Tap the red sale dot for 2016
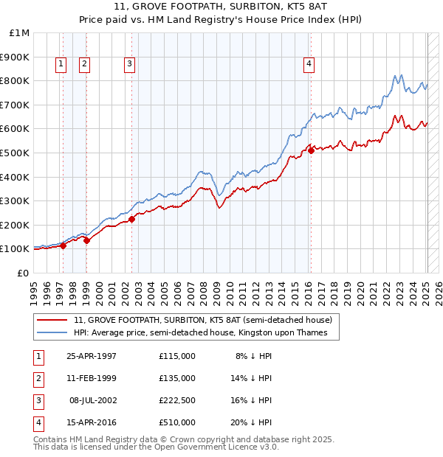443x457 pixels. coord(311,150)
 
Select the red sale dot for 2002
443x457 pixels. coord(131,219)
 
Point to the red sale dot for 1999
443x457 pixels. coord(86,240)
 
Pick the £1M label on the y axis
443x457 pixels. coord(19,33)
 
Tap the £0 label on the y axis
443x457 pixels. coord(22,273)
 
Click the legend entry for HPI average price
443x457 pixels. coord(205,333)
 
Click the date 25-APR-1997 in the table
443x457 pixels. coord(92,356)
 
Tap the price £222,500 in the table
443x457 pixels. coord(177,400)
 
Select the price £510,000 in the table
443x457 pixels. coord(177,422)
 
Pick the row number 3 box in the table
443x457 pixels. coord(38,400)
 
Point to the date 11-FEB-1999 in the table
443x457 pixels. coord(92,378)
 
